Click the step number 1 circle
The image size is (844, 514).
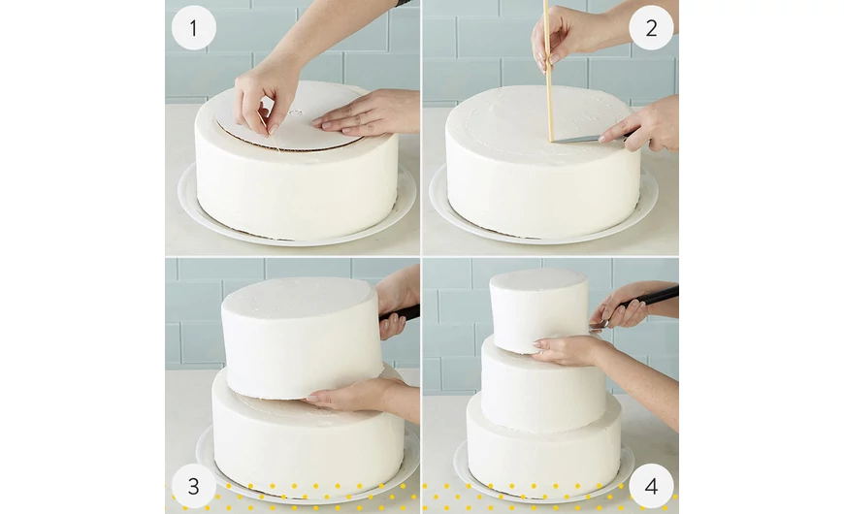pos(193,28)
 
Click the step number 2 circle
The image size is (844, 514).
pos(651,28)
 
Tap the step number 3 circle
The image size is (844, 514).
pos(193,486)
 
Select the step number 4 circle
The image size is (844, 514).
pos(651,486)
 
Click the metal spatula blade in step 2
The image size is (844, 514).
pos(582,139)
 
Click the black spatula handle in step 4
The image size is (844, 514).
pos(656,298)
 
